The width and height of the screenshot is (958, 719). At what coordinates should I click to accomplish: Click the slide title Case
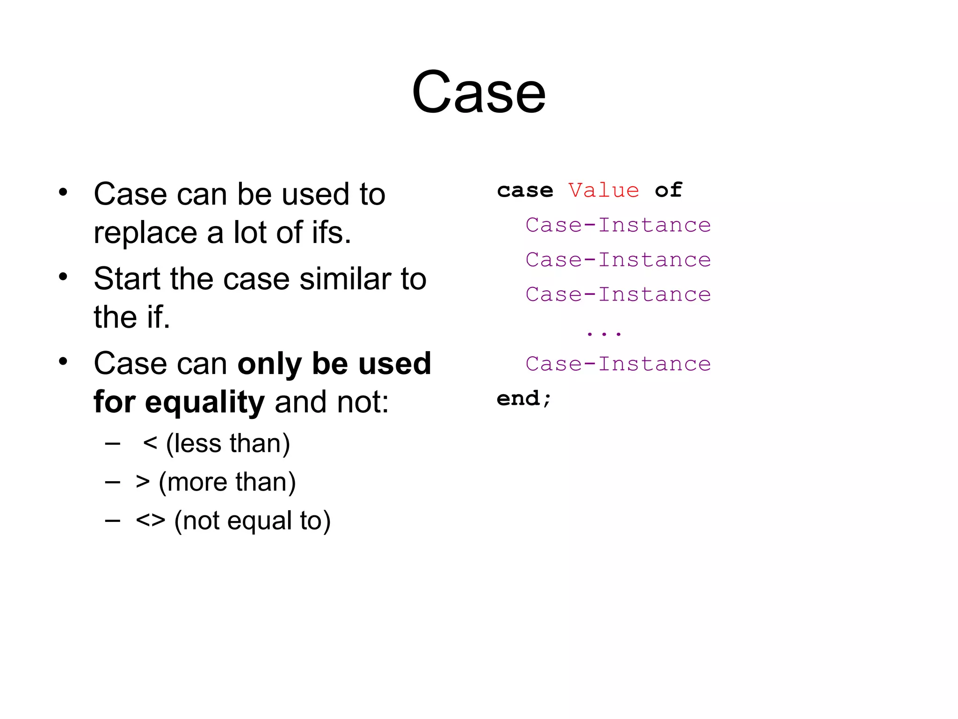(x=479, y=92)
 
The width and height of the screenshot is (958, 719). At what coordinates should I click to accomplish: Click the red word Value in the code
(x=603, y=191)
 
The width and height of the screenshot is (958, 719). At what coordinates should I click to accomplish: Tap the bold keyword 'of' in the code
(x=668, y=191)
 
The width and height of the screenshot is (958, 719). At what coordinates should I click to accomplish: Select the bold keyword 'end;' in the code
(x=524, y=399)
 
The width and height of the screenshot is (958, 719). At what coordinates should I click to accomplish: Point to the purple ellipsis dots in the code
(x=603, y=334)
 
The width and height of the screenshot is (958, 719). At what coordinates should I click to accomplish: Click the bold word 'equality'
(x=205, y=403)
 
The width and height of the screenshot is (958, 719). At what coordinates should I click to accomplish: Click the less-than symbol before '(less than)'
(x=150, y=443)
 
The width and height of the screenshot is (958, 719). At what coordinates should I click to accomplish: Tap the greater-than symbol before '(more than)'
(x=143, y=482)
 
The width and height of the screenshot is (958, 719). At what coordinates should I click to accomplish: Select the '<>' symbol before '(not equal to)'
(x=150, y=521)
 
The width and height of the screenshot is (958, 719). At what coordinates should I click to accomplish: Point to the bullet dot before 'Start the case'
(x=63, y=277)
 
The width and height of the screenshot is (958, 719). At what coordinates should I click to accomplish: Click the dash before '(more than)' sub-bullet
(x=113, y=482)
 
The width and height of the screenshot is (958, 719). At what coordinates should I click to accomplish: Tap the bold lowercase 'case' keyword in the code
(x=525, y=191)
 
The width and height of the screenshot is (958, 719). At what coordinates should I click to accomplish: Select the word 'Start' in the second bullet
(x=127, y=279)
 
